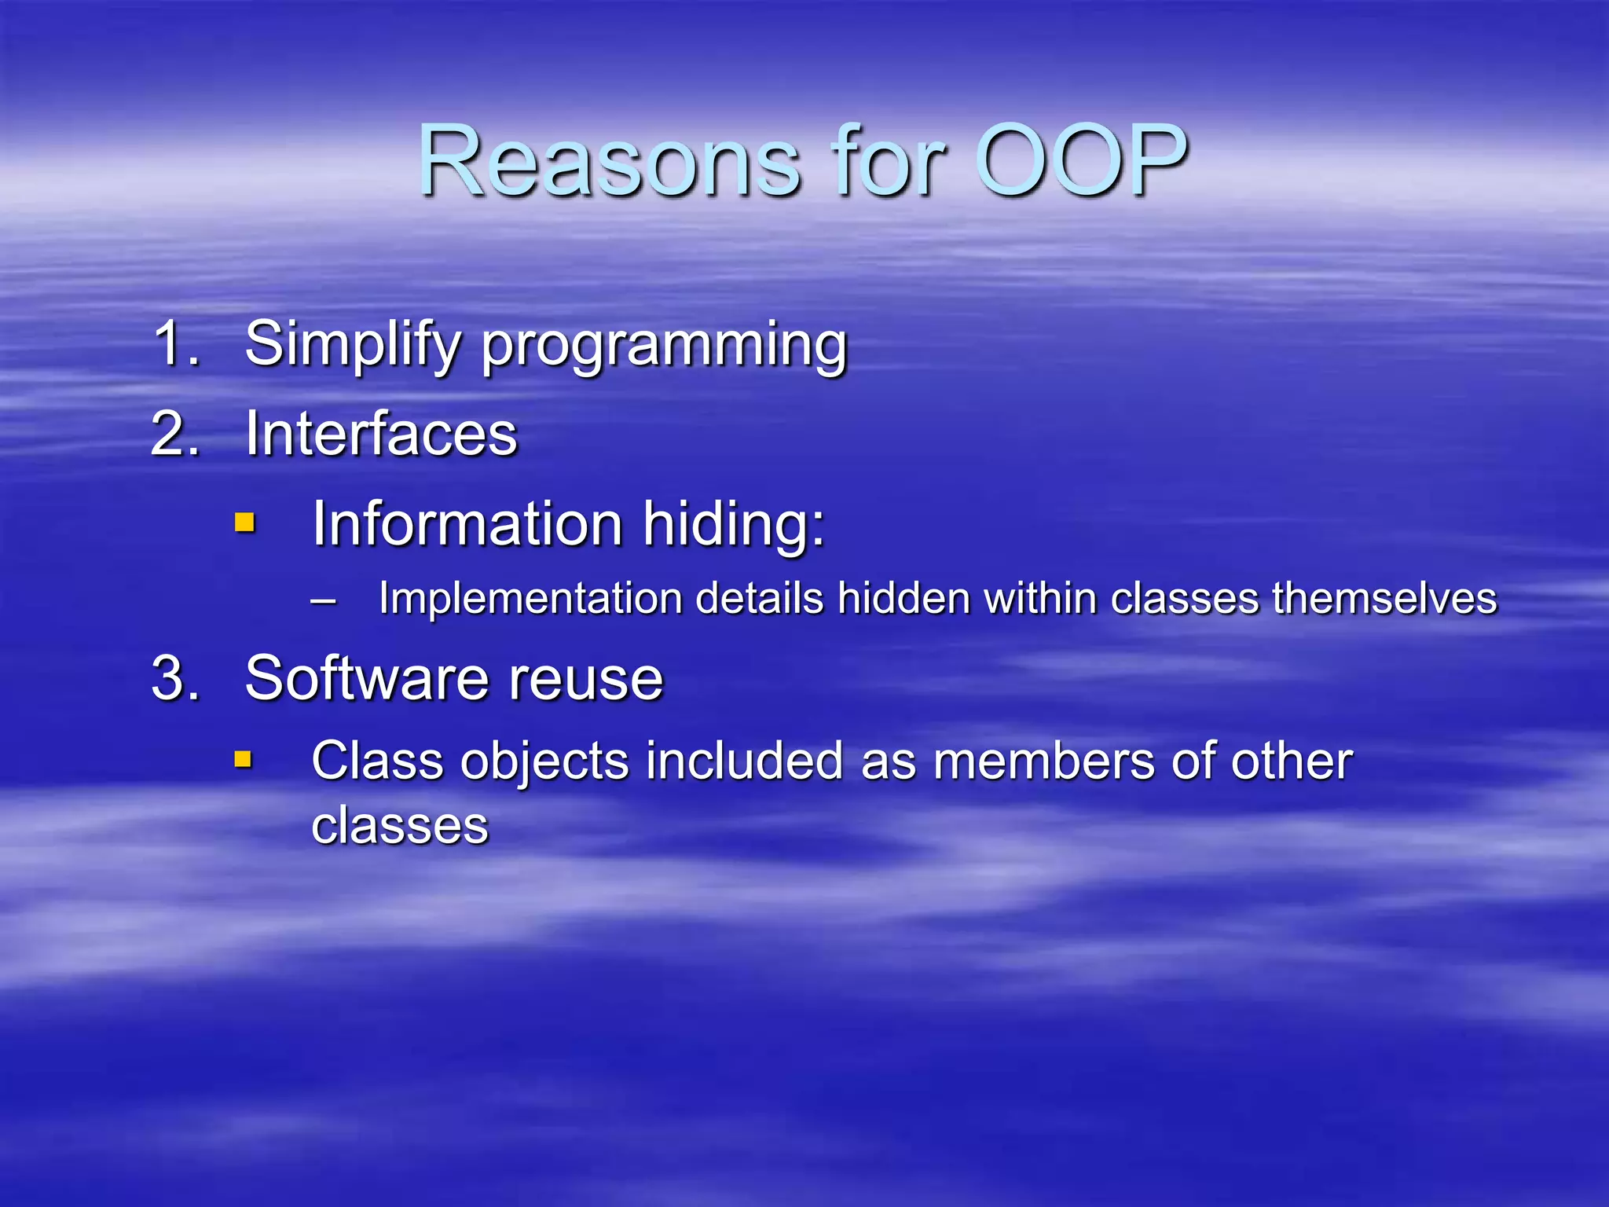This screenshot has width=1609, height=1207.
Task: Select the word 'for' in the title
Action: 888,161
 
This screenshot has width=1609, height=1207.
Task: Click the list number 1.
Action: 175,343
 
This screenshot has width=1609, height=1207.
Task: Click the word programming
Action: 664,347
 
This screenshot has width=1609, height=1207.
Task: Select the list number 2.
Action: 175,433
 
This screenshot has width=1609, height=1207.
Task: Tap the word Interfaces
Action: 381,434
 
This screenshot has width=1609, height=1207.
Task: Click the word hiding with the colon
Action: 734,523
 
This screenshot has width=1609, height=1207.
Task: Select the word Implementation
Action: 530,599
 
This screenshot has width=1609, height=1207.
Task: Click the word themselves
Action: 1384,599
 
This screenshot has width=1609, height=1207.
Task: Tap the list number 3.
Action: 175,677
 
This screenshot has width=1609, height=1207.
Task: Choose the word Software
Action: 365,678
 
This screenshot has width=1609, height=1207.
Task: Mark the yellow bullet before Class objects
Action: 244,759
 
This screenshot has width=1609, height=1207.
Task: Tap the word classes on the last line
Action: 400,825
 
